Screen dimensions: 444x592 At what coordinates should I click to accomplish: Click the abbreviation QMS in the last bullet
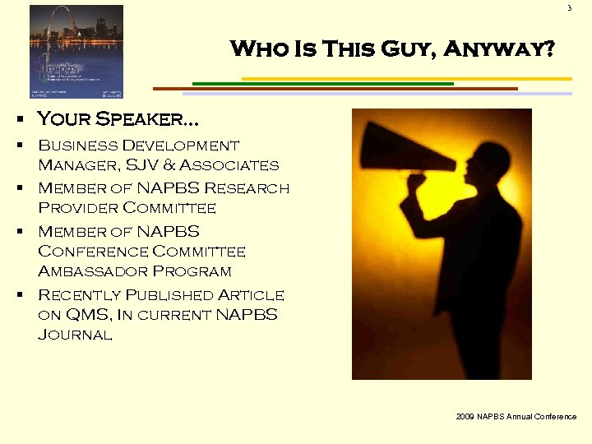pyautogui.click(x=85, y=314)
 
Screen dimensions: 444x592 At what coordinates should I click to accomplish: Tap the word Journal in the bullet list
pyautogui.click(x=75, y=334)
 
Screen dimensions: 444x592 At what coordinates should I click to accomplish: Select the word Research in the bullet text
pyautogui.click(x=246, y=188)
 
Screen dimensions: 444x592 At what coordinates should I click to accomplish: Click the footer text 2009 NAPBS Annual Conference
pyautogui.click(x=516, y=417)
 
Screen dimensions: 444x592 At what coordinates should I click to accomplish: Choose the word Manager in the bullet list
pyautogui.click(x=75, y=165)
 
